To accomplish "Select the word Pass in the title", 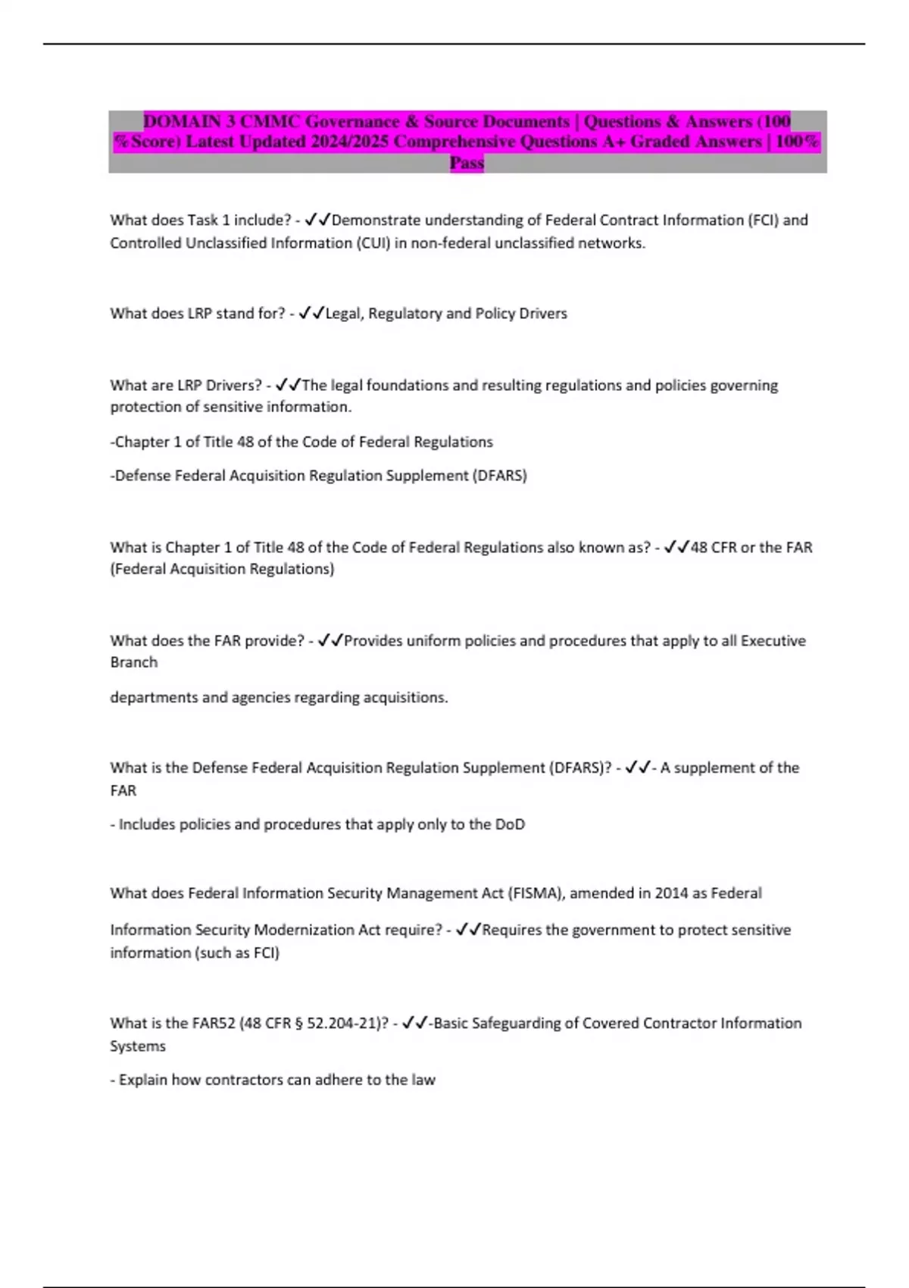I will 467,162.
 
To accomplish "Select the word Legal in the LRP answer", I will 344,314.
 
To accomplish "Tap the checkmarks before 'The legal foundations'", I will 288,386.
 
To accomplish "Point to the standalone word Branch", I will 134,662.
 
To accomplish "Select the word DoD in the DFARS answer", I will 510,824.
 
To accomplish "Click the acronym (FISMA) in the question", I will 536,893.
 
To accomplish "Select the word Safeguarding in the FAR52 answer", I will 517,1024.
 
